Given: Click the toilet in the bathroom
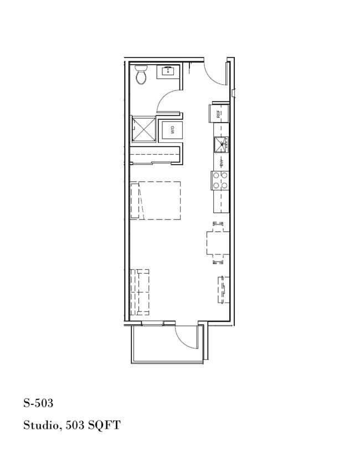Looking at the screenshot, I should pos(142,74).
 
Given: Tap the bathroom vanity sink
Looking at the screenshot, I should pos(167,71).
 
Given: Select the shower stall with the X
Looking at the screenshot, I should pos(143,130).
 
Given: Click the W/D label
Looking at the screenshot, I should pos(172,131).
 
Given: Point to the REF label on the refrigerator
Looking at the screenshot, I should pos(219,114).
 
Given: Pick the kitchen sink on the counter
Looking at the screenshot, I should pos(222,144).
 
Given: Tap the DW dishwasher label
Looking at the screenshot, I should pos(222,162).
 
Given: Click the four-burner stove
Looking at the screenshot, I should pos(220,181).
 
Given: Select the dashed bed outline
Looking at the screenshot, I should pos(155,201).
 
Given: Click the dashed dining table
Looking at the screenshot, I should pos(218,242).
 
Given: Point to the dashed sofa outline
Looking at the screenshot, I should pos(140,291).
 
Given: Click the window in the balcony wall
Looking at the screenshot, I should pos(152,322).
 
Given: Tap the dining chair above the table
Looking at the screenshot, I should pos(218,224).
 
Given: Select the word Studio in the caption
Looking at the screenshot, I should pos(41,426).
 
